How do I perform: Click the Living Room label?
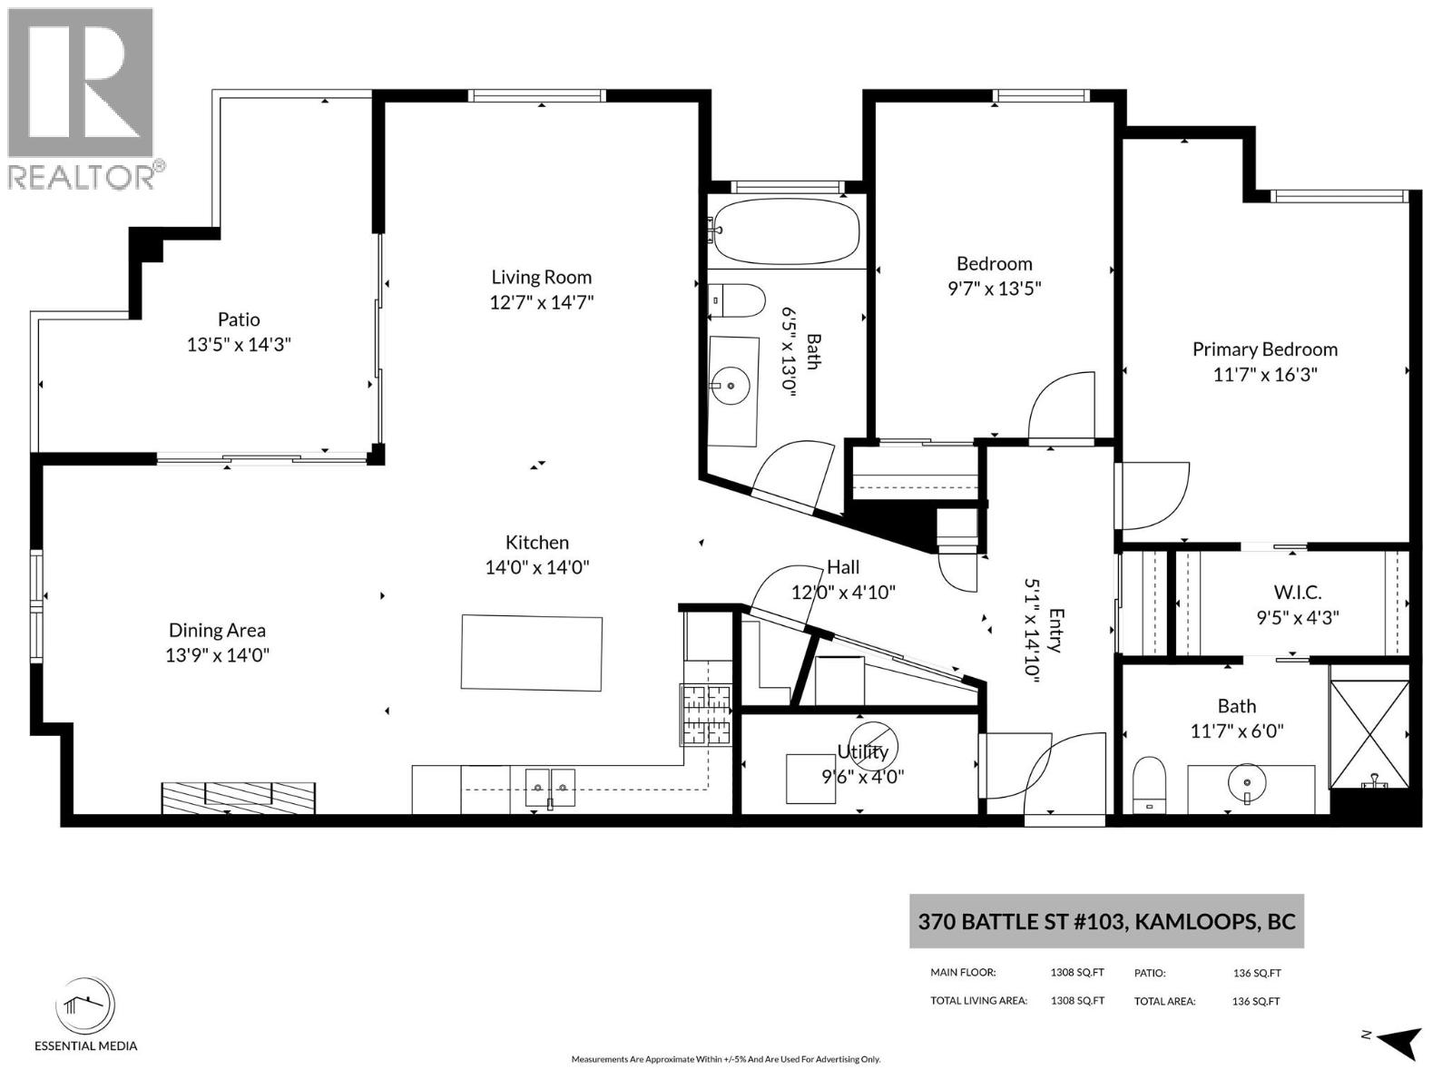(541, 277)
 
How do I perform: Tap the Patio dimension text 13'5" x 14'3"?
(239, 345)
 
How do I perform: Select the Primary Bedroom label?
(1265, 349)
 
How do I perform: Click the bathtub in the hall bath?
(787, 232)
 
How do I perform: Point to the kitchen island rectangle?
(532, 653)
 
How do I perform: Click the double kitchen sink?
(550, 788)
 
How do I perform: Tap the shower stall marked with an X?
(1369, 734)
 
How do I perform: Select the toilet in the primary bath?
(1148, 786)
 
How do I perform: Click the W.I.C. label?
(1297, 592)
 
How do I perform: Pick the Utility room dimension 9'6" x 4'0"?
(863, 776)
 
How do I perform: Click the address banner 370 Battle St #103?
(1106, 922)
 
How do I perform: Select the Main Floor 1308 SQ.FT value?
(1077, 973)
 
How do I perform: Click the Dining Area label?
(217, 630)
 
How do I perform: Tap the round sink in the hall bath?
(731, 386)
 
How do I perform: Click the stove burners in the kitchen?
(706, 715)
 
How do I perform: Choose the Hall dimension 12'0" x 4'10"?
(843, 592)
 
